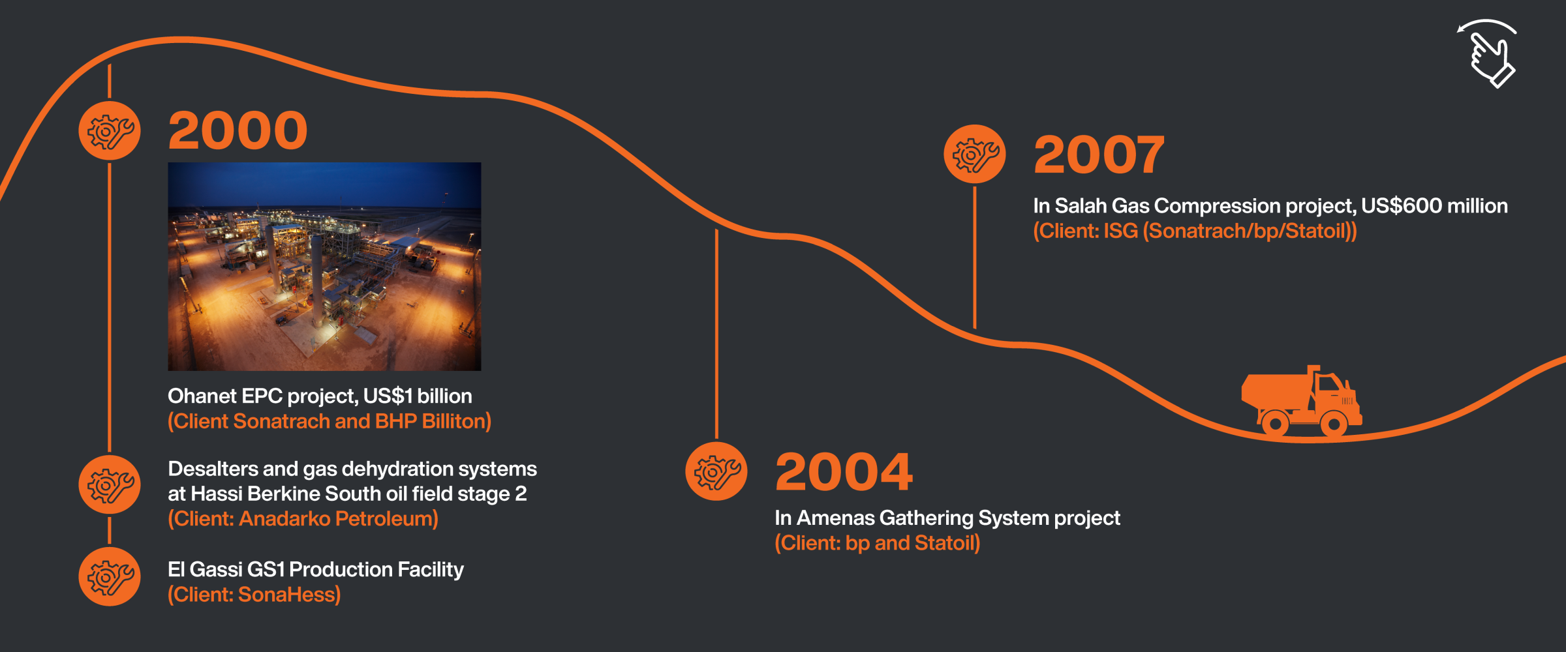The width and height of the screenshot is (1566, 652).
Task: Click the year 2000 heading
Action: click(x=238, y=130)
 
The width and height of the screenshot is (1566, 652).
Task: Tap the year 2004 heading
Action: click(x=844, y=472)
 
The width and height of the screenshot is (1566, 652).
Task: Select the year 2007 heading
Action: click(x=1099, y=155)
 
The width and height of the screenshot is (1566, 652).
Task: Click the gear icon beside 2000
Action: click(x=110, y=130)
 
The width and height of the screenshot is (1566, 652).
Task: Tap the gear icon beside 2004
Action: click(x=716, y=471)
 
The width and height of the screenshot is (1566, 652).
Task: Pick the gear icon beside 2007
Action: click(x=975, y=154)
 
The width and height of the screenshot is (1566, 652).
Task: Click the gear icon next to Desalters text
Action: click(x=110, y=484)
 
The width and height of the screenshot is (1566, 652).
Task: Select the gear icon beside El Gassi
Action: click(x=110, y=576)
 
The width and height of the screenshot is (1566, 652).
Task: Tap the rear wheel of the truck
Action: click(x=1275, y=424)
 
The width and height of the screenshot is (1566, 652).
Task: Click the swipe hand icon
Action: click(x=1488, y=54)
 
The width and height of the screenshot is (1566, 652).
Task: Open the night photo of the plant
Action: click(x=324, y=267)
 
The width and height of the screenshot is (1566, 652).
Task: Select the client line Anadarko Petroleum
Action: click(x=303, y=519)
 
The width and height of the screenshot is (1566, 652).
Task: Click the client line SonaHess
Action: click(x=254, y=595)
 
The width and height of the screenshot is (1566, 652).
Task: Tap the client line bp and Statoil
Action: click(x=877, y=543)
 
